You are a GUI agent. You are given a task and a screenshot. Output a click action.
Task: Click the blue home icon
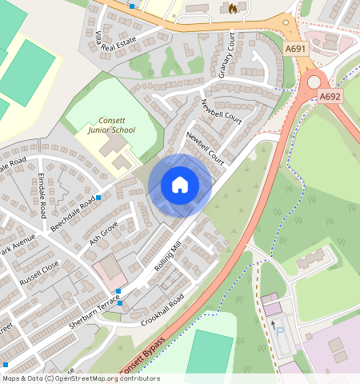tap(180, 185)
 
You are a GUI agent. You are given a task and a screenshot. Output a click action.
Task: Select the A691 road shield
tap(296, 49)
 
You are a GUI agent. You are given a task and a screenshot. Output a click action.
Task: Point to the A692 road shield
tap(330, 96)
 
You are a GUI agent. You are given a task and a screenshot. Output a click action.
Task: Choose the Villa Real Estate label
tap(127, 40)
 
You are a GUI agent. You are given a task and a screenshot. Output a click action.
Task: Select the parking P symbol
tap(279, 328)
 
